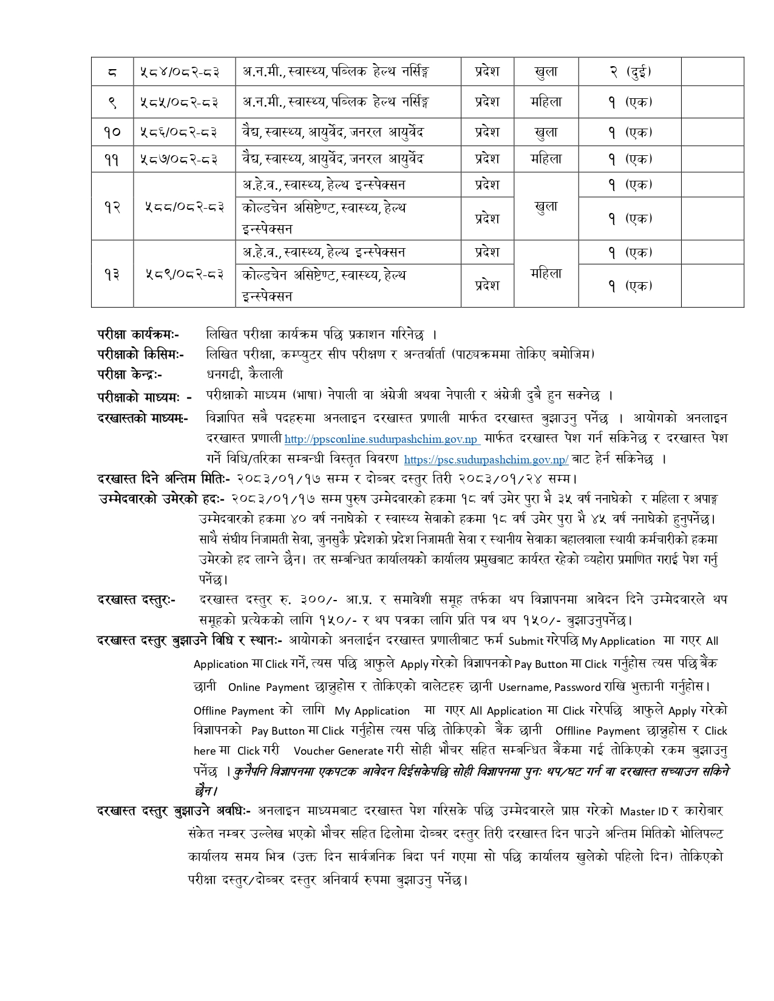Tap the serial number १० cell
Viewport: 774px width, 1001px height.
(x=112, y=132)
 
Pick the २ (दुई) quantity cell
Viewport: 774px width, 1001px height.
(x=630, y=72)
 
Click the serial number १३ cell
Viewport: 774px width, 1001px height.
(x=112, y=274)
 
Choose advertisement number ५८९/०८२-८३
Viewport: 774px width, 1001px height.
(x=184, y=274)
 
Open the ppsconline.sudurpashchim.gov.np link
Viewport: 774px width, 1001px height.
(x=382, y=439)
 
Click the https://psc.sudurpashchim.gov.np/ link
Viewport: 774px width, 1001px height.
(x=486, y=460)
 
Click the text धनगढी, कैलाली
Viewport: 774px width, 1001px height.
(x=245, y=374)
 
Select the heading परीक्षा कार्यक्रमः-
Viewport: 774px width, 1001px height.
(x=138, y=334)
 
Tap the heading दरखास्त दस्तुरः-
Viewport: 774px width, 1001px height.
(x=137, y=600)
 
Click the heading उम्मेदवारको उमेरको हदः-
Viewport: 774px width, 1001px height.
(x=161, y=499)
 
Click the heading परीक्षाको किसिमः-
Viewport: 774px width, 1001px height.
(x=141, y=354)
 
